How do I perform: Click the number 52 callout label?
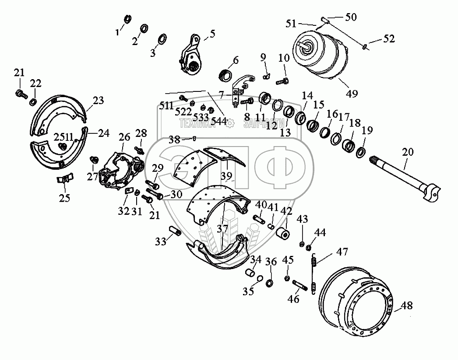pyautogui.click(x=389, y=39)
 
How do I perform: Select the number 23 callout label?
pyautogui.click(x=98, y=101)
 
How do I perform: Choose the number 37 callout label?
pyautogui.click(x=222, y=228)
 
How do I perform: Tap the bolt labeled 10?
pyautogui.click(x=281, y=80)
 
